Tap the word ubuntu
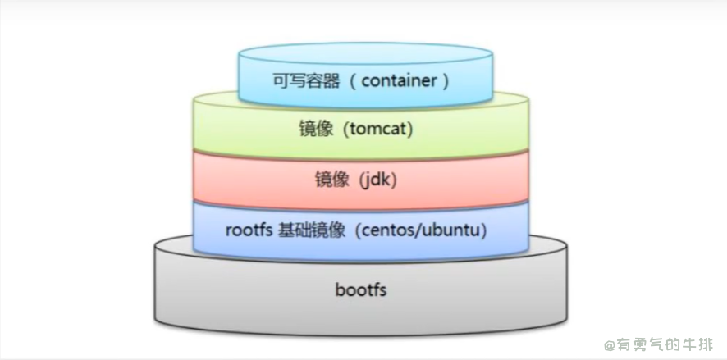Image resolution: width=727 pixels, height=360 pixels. (x=455, y=230)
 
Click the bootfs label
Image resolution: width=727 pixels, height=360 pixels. (x=360, y=290)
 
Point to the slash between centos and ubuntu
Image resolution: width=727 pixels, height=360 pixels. (x=424, y=230)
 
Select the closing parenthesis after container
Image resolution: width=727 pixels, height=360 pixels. (x=445, y=81)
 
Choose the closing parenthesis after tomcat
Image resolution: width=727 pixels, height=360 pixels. (x=408, y=130)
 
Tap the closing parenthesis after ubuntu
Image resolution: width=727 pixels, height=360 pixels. (x=485, y=230)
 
